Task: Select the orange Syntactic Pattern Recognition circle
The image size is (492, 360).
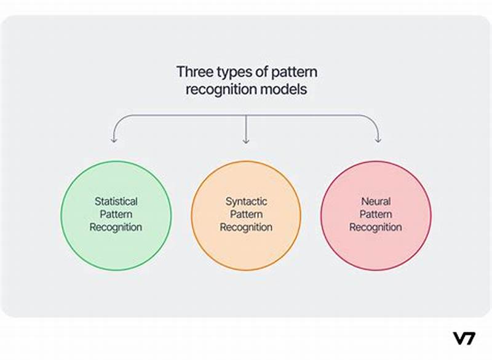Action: (x=246, y=185)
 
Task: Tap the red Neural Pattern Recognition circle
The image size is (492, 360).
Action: (x=376, y=185)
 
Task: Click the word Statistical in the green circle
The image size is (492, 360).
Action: (x=116, y=201)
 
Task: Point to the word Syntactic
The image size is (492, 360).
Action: (x=246, y=201)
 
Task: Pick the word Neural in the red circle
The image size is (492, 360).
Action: (x=376, y=201)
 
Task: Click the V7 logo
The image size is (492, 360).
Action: (x=464, y=338)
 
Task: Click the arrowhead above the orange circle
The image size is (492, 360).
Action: (x=246, y=140)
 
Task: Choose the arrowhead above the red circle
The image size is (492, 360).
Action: (x=378, y=140)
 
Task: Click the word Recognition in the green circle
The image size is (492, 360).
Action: (x=116, y=227)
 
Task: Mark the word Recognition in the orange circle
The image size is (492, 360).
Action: (x=246, y=227)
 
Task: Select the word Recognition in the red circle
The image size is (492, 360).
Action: (x=376, y=227)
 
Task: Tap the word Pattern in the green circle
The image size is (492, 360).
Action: (x=116, y=214)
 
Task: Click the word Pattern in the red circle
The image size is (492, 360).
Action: (x=376, y=214)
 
